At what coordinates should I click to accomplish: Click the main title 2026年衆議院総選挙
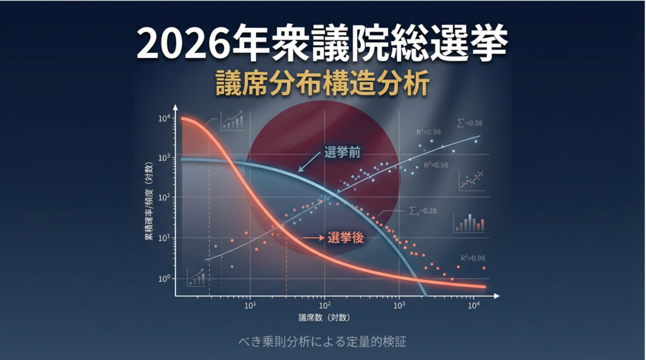(322, 44)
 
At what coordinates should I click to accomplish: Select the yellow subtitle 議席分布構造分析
(322, 83)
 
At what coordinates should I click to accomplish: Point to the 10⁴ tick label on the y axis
(164, 119)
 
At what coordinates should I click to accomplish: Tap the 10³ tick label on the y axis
(164, 158)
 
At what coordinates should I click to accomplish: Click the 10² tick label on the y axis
(164, 197)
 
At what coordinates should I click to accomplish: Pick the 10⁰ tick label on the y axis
(164, 278)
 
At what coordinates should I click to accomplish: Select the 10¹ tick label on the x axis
(250, 305)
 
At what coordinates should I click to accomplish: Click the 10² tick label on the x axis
(324, 305)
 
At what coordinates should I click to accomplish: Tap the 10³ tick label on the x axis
(399, 305)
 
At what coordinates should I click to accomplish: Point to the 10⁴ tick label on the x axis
(473, 305)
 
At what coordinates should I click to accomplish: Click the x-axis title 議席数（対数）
(324, 318)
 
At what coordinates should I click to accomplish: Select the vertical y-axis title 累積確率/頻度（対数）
(148, 201)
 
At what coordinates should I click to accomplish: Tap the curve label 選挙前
(343, 153)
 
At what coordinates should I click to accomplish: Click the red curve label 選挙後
(346, 238)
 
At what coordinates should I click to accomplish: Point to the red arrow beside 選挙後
(314, 238)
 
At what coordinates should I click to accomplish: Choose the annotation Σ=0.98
(469, 123)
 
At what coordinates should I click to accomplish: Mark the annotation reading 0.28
(423, 211)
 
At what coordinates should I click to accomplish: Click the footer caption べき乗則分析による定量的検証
(322, 342)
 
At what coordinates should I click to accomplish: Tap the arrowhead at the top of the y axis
(175, 108)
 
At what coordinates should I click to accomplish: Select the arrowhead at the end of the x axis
(496, 296)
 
